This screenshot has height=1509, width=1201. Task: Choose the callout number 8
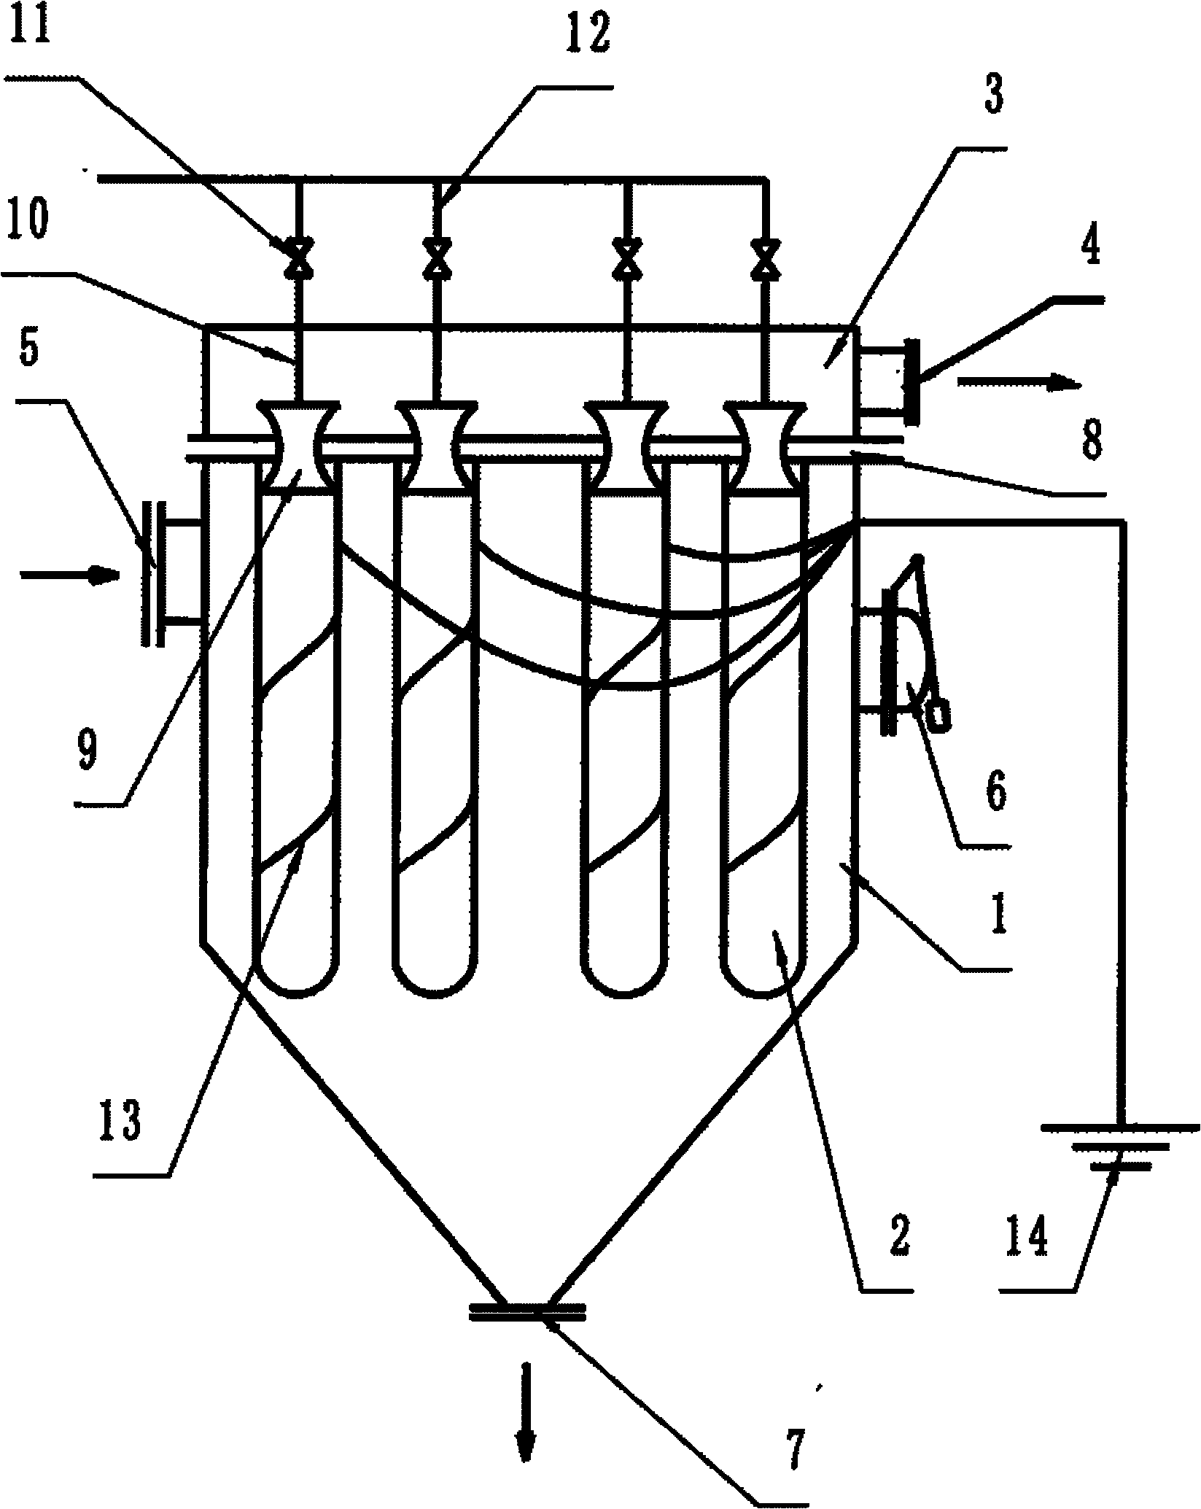1090,442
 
